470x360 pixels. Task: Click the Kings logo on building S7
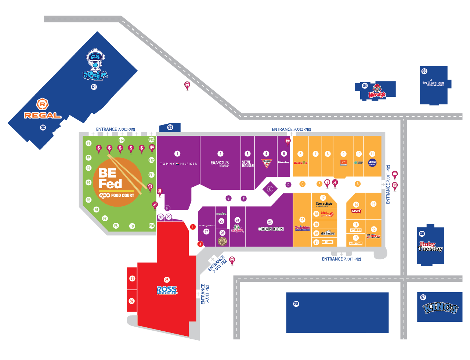(x=440, y=308)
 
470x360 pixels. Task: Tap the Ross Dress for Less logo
(x=167, y=290)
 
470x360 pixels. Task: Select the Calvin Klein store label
(x=271, y=229)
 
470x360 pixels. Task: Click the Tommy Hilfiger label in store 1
(x=178, y=164)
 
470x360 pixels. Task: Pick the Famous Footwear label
(x=220, y=163)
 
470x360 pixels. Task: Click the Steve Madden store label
(x=248, y=164)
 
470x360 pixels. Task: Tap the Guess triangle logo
(x=267, y=163)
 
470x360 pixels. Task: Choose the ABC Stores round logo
(x=372, y=163)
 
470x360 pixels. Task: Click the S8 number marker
(x=296, y=304)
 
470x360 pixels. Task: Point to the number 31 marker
(x=132, y=279)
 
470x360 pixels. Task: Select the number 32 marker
(x=132, y=301)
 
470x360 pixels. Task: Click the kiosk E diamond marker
(x=270, y=189)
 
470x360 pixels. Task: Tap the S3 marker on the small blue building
(x=170, y=127)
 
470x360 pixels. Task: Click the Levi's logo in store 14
(x=356, y=211)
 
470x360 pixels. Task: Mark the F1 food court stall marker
(x=88, y=143)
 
